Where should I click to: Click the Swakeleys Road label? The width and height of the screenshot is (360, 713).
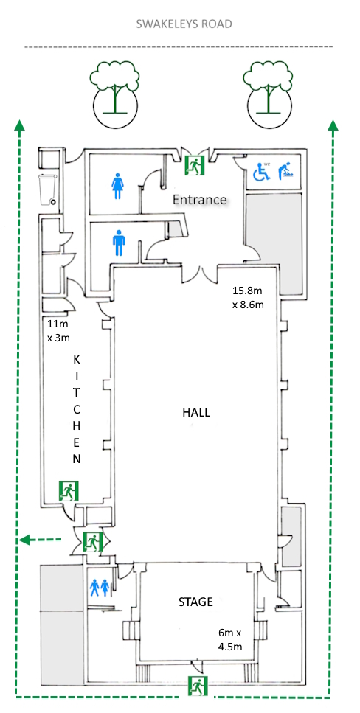[184, 24]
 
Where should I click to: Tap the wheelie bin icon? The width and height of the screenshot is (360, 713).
[48, 189]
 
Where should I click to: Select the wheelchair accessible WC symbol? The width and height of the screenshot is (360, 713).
[262, 171]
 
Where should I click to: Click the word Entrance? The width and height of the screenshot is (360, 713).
[199, 199]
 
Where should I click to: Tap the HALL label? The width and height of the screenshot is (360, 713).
[196, 412]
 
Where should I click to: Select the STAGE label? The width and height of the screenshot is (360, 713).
[195, 602]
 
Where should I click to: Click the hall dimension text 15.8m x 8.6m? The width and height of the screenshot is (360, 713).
[248, 298]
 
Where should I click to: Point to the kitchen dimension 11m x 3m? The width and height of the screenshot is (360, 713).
[59, 331]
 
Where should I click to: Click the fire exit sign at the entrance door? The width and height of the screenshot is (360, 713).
[195, 164]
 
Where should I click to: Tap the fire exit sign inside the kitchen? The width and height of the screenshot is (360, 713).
[69, 491]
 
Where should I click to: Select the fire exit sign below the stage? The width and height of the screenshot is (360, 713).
[198, 685]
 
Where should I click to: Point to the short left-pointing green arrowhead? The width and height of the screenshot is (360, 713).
[25, 540]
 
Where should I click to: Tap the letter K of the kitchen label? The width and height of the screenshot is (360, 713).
[77, 359]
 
